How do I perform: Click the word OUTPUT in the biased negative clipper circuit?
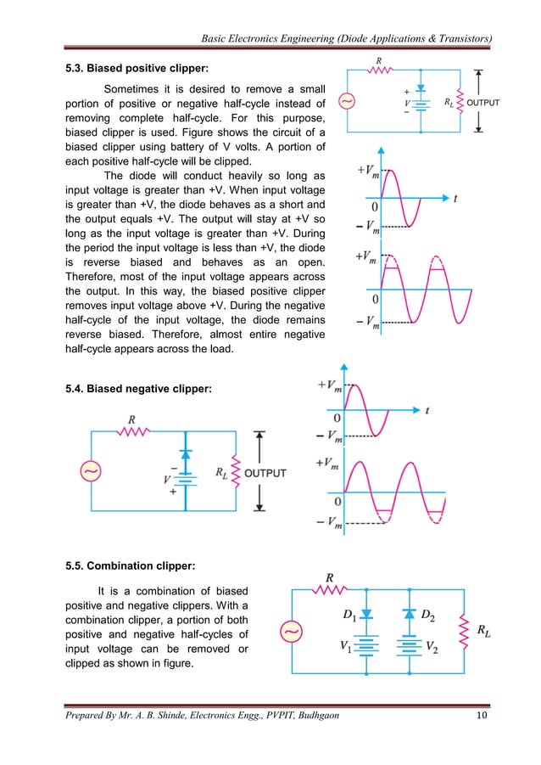click(265, 473)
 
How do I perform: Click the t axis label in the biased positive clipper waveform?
click(455, 200)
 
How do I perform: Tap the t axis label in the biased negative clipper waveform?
click(427, 410)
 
